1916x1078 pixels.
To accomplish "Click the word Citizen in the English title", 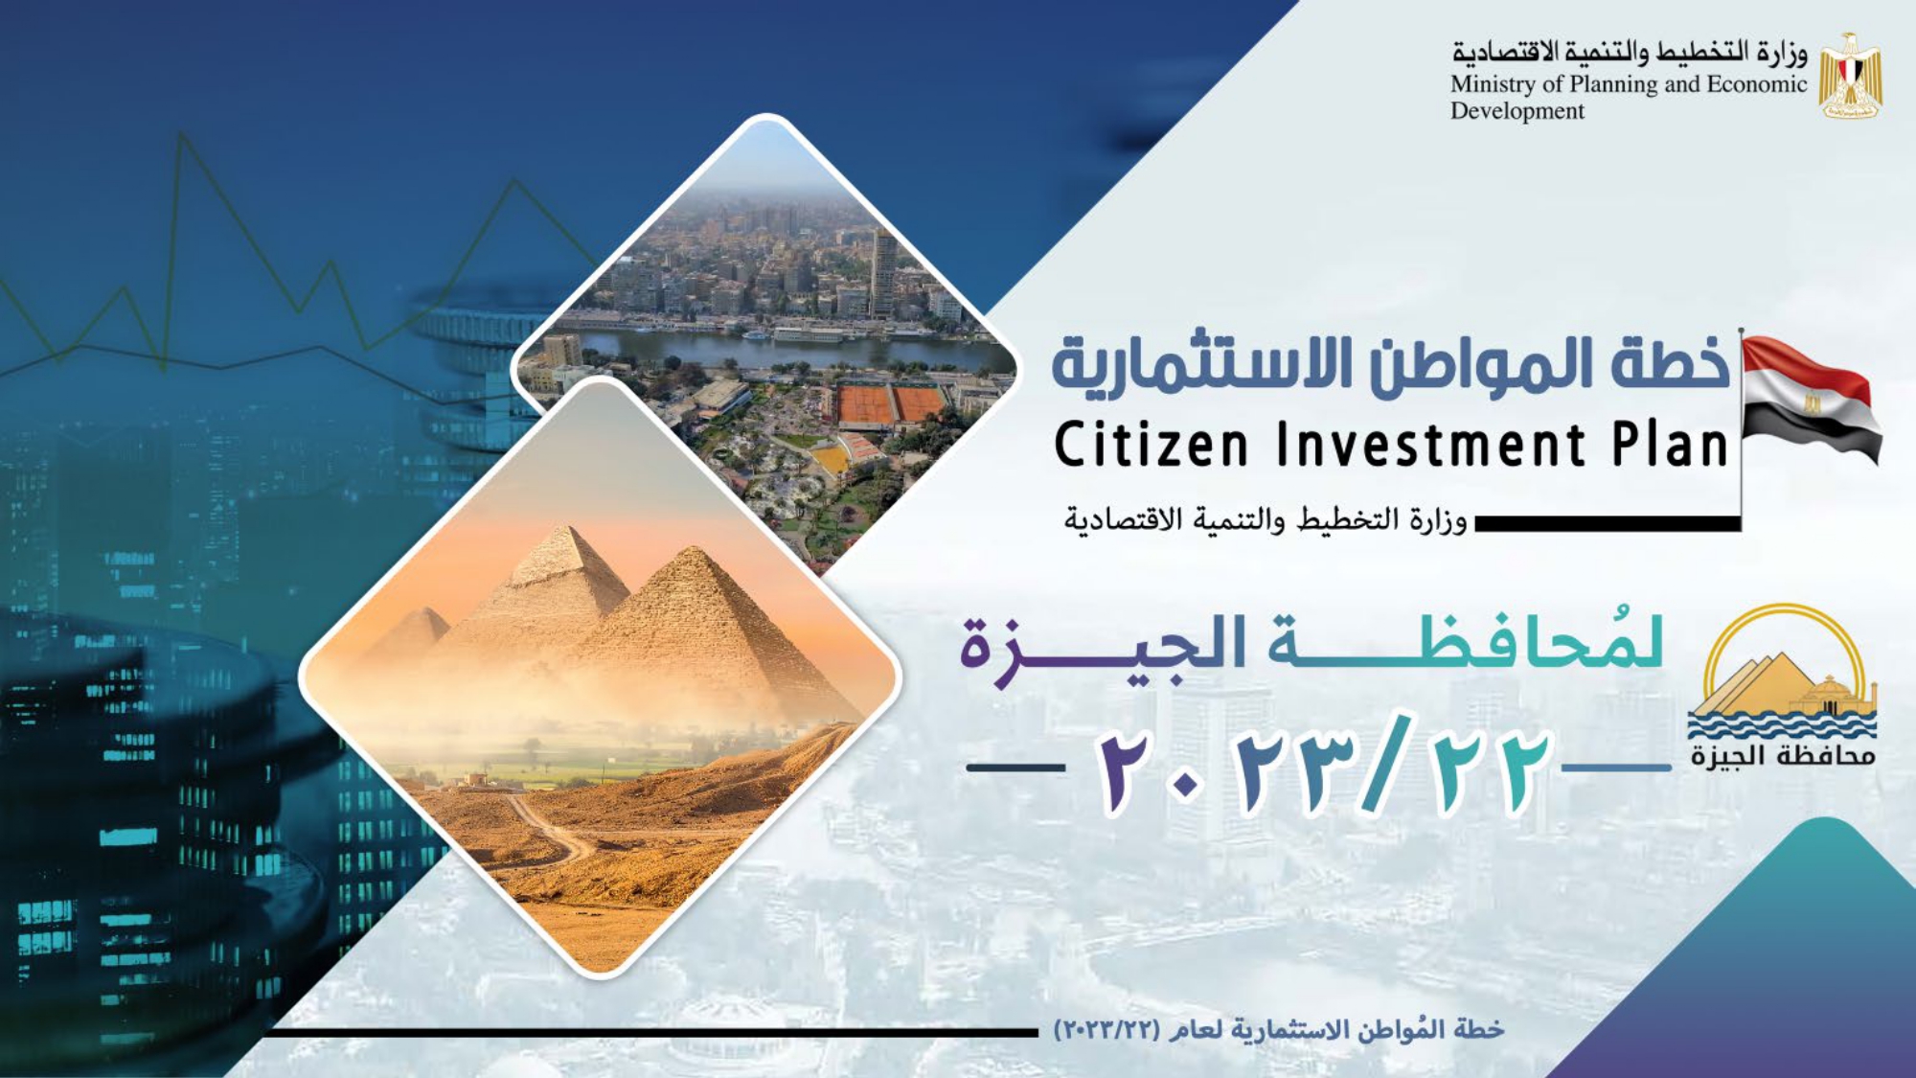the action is pyautogui.click(x=1152, y=446).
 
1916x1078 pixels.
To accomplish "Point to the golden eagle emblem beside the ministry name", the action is pyautogui.click(x=1850, y=76).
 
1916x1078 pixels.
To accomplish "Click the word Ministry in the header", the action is pyautogui.click(x=1494, y=85).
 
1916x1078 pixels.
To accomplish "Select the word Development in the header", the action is pyautogui.click(x=1517, y=111).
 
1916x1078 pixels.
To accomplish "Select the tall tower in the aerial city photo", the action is pyautogui.click(x=883, y=272).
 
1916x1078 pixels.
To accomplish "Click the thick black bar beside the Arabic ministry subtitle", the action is pyautogui.click(x=1608, y=523).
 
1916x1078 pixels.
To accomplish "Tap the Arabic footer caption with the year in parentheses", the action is pyautogui.click(x=1279, y=1030).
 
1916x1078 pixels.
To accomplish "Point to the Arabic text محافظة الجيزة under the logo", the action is pyautogui.click(x=1783, y=756).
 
